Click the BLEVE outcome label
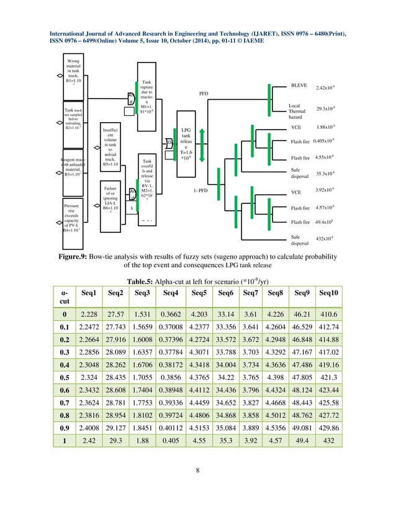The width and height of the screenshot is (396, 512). click(x=299, y=85)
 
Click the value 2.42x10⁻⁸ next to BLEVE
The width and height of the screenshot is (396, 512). click(x=326, y=89)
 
